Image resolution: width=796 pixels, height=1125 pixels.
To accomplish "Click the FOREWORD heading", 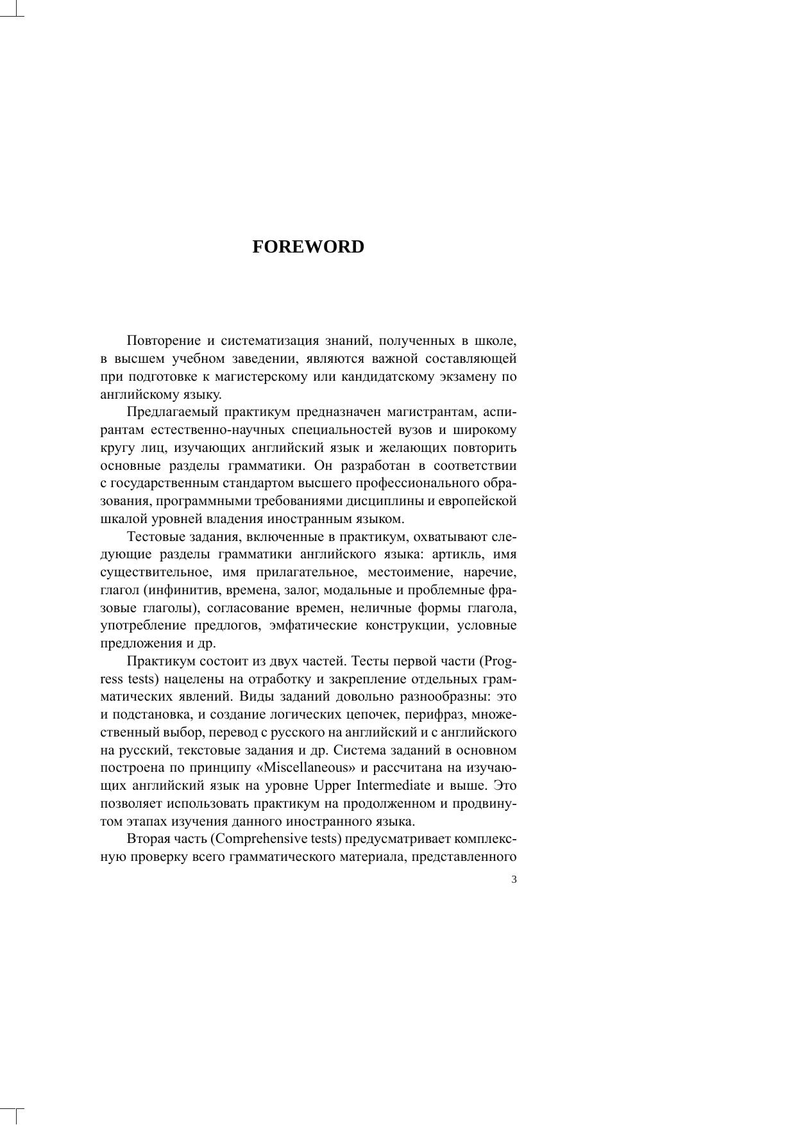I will click(x=308, y=247).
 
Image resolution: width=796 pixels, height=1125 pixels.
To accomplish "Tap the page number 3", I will click(x=514, y=879).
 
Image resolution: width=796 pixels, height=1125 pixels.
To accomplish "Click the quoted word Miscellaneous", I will click(x=301, y=768).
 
